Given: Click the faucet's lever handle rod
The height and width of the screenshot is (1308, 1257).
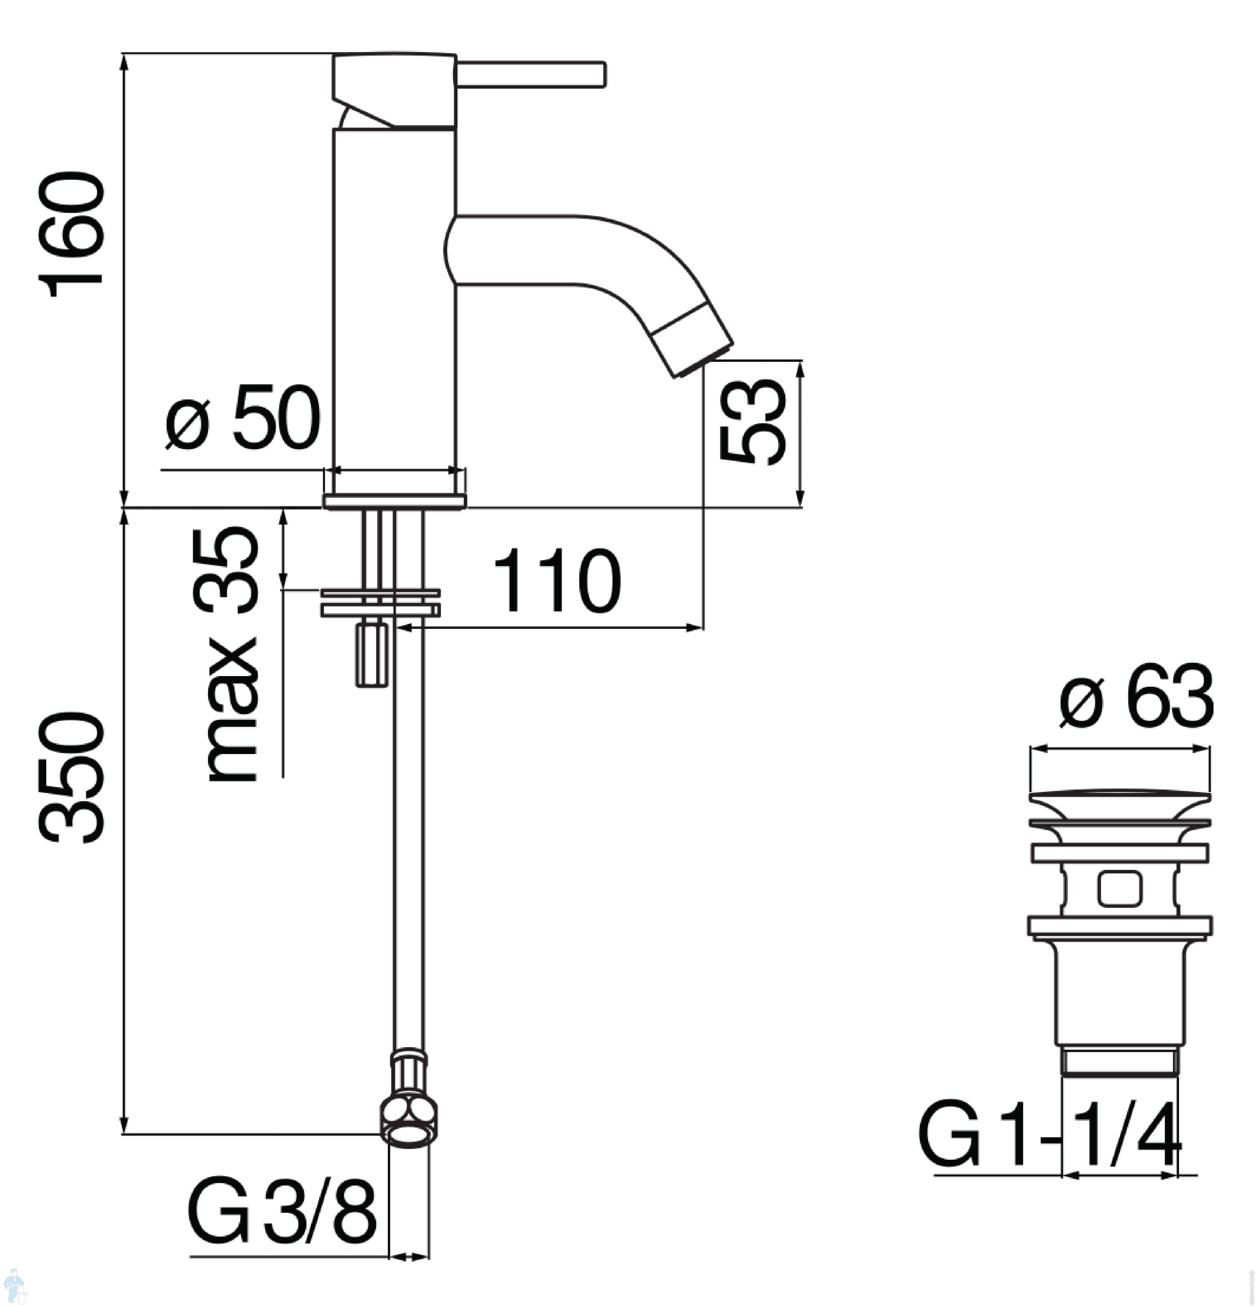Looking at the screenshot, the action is coord(531,74).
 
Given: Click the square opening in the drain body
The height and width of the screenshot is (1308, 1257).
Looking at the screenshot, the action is coord(1119,889).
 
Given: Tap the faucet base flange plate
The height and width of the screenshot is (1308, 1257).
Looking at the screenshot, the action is coord(394,501).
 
